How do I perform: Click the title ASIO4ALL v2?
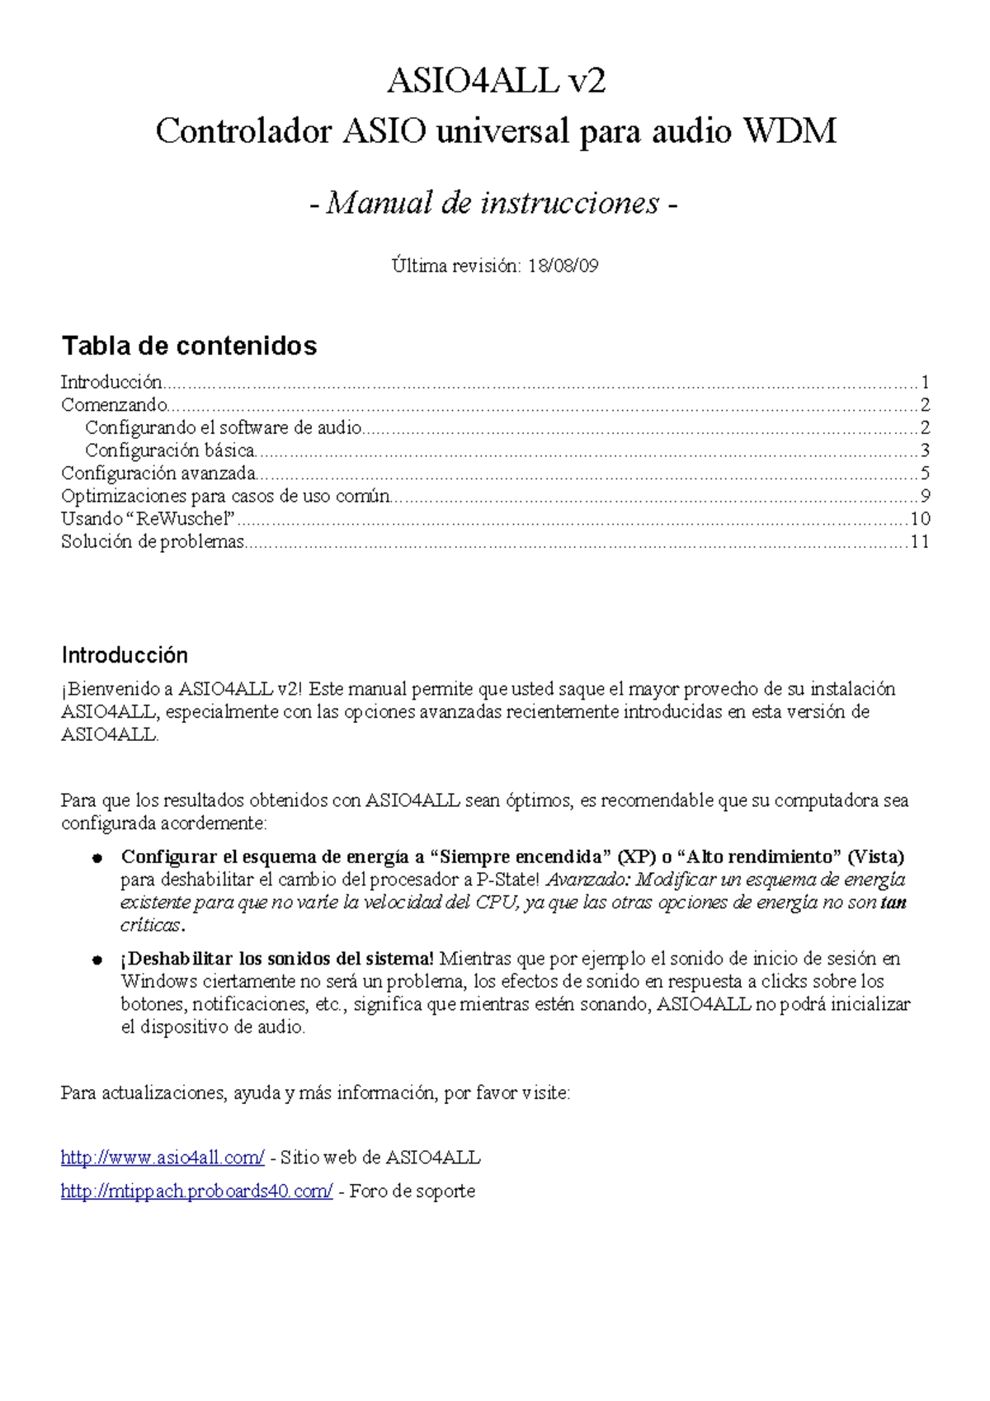coord(496,81)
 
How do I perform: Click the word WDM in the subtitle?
coord(790,131)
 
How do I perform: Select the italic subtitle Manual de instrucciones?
coord(493,203)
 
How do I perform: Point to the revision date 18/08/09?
coord(563,266)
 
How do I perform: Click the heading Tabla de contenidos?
coord(189,346)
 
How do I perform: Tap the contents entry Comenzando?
coord(114,405)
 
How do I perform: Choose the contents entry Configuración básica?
coord(169,450)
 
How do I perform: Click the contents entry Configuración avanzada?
coord(158,474)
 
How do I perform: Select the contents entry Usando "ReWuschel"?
coord(148,519)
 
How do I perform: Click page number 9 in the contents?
coord(925,496)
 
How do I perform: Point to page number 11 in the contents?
coord(920,542)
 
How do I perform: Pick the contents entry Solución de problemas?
coord(153,542)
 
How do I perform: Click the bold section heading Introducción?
coord(125,655)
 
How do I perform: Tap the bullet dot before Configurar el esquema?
coord(97,858)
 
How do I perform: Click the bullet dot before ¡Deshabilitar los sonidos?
coord(97,960)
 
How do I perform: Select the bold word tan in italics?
coord(893,903)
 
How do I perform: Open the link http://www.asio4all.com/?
coord(163,1158)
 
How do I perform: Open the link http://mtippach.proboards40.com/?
coord(196,1191)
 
